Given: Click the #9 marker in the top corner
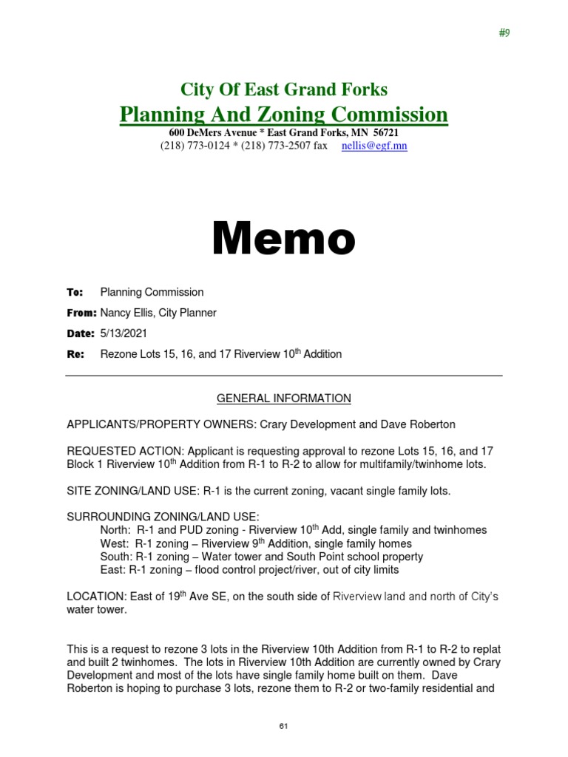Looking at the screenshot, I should (x=504, y=34).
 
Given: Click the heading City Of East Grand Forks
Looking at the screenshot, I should (x=284, y=90).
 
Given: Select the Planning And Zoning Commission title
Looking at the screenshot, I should (x=284, y=115).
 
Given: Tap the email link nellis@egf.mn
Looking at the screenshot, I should (x=374, y=146).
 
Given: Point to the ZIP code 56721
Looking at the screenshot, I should (x=383, y=132).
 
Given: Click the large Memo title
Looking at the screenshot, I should (x=284, y=240).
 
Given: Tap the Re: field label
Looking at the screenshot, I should (x=75, y=354).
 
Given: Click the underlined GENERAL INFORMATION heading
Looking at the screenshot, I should (x=284, y=398).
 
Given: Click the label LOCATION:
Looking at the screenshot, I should (x=95, y=596).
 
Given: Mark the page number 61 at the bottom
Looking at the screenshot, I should (x=283, y=727).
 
